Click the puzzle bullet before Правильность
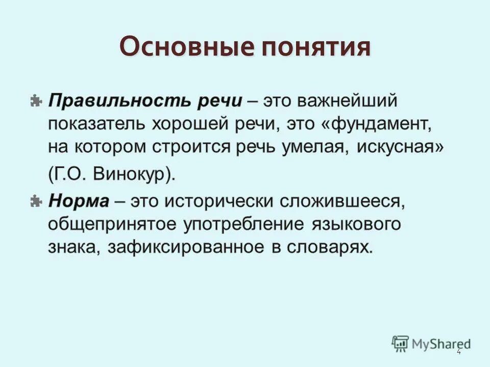coord(36,100)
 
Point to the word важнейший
coord(354,100)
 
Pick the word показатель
coord(93,123)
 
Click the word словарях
coord(328,247)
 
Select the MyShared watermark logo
coord(431,344)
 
